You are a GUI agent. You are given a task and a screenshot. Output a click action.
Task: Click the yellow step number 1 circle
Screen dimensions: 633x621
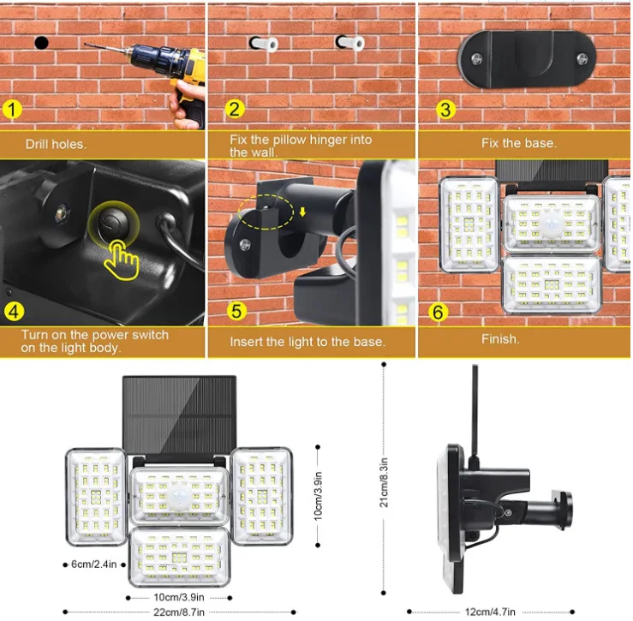(x=12, y=110)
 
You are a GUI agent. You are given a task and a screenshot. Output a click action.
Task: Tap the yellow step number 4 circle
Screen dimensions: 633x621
(x=14, y=311)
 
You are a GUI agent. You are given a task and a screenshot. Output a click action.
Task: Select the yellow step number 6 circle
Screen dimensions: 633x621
(x=438, y=312)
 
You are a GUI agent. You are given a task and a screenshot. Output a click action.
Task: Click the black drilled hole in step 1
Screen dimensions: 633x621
(x=42, y=42)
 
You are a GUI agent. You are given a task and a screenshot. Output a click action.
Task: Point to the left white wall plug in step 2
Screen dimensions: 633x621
(x=265, y=44)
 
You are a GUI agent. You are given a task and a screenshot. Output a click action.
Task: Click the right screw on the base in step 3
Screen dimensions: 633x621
(x=582, y=59)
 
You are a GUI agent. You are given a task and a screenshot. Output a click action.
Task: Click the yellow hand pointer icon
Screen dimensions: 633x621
(x=121, y=260)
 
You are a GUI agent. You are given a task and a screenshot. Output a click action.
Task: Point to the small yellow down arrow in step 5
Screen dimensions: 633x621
(x=302, y=212)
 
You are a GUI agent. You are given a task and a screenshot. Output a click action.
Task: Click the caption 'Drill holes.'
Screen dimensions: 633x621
(x=56, y=144)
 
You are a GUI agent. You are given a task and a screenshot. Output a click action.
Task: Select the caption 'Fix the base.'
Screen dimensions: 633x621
(x=519, y=143)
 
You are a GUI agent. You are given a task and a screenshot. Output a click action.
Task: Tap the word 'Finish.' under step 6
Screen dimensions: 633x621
(x=500, y=338)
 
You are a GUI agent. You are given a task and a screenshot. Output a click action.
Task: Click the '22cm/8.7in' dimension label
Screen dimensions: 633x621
(x=179, y=612)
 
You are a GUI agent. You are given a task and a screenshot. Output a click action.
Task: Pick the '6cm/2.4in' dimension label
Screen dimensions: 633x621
(x=93, y=564)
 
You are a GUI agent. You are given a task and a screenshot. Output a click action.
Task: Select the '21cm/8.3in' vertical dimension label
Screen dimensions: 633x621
(x=384, y=482)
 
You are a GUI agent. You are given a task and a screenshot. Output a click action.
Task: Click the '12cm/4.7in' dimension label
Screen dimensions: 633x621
(x=490, y=612)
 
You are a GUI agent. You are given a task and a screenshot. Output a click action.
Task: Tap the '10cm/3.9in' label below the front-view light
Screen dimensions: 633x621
(x=179, y=597)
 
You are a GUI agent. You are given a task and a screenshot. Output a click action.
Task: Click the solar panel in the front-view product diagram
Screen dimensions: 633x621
(x=179, y=415)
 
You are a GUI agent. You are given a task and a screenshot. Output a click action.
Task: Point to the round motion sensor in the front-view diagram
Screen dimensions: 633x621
(x=179, y=496)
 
